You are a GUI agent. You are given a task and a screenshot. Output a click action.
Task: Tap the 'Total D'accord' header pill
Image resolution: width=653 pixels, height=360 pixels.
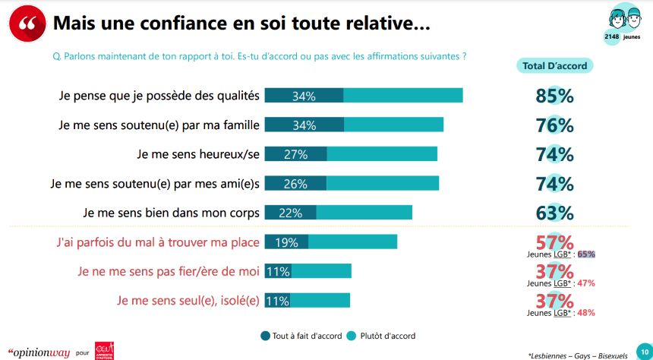(555, 66)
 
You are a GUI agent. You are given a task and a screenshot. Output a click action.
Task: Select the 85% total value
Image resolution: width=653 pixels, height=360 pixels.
(555, 96)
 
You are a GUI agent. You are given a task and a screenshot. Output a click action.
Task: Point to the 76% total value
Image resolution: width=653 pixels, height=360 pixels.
(555, 125)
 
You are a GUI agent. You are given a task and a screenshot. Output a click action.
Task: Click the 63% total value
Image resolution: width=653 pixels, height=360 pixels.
(555, 213)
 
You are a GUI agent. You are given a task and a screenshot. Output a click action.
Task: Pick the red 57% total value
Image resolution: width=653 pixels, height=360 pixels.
(555, 242)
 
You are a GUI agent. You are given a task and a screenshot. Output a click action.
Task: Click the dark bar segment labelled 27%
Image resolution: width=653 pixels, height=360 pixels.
(295, 154)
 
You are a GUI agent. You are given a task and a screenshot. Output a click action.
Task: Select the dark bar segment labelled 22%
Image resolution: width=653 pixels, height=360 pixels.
(290, 213)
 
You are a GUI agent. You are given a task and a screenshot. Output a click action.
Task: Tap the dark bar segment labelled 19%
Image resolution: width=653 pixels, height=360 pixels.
(286, 242)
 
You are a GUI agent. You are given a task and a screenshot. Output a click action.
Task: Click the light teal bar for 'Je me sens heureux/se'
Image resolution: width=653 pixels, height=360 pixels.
(382, 154)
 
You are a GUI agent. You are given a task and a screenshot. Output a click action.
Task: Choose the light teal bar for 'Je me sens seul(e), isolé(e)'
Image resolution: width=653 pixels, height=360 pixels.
(320, 301)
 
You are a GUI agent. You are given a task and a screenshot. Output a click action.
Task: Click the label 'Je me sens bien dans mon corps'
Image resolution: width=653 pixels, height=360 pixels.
(171, 213)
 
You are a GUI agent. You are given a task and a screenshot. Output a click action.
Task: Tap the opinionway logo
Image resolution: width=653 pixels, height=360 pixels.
(36, 352)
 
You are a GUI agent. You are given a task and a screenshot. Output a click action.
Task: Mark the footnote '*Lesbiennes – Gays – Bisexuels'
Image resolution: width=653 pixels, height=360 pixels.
(582, 354)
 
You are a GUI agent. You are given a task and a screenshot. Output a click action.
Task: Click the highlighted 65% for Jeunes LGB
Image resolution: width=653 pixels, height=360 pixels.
(586, 254)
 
